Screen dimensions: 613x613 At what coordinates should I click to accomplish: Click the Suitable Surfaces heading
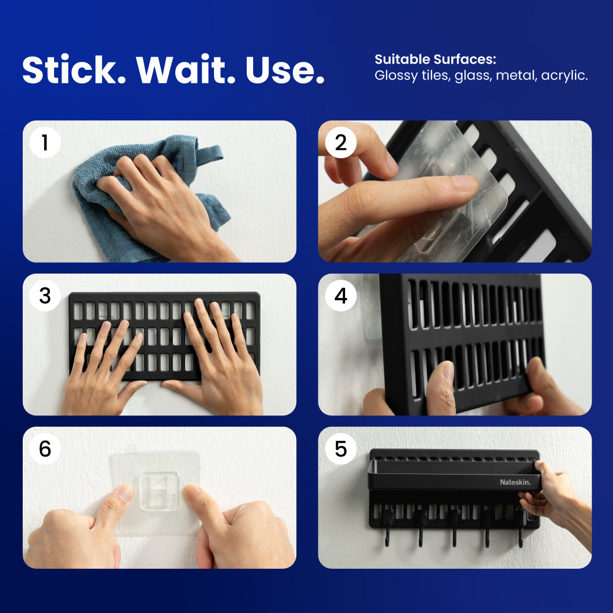pos(435,60)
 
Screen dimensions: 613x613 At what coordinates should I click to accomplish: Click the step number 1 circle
pos(45,142)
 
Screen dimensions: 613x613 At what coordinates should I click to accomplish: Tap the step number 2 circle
pos(341,142)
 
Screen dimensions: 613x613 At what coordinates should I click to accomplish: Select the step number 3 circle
pos(45,296)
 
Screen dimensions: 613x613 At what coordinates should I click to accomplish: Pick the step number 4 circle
pos(341,296)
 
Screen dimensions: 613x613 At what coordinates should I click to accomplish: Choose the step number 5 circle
pos(341,449)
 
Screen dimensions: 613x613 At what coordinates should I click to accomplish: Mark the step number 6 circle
pos(45,449)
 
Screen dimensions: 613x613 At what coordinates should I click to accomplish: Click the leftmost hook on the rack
pos(387,528)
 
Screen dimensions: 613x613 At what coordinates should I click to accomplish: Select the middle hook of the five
pos(454,528)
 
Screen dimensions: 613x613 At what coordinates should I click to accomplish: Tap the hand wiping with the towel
pos(148,193)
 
